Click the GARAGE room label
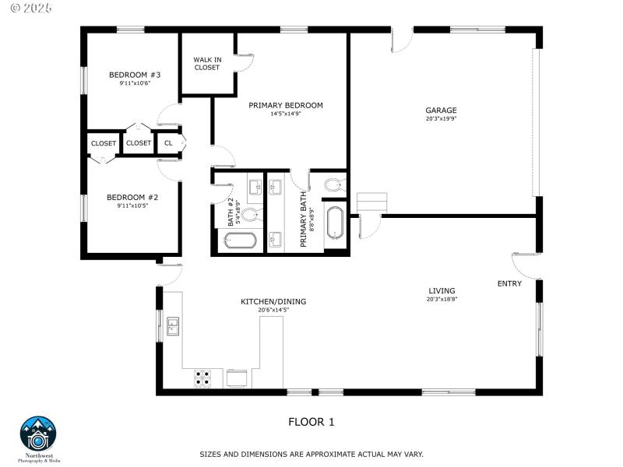pos(441,111)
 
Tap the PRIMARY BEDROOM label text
pos(285,105)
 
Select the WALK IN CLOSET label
pos(207,63)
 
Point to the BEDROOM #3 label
pos(134,75)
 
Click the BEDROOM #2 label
pos(132,198)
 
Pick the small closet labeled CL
pos(168,143)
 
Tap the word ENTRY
pos(509,283)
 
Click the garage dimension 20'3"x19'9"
pos(441,119)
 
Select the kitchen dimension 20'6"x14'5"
pos(273,310)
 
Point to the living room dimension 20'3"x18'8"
pos(442,299)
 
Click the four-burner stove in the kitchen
pos(202,377)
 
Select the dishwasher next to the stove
pos(238,377)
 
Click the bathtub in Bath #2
pos(240,241)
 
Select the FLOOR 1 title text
pos(311,422)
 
